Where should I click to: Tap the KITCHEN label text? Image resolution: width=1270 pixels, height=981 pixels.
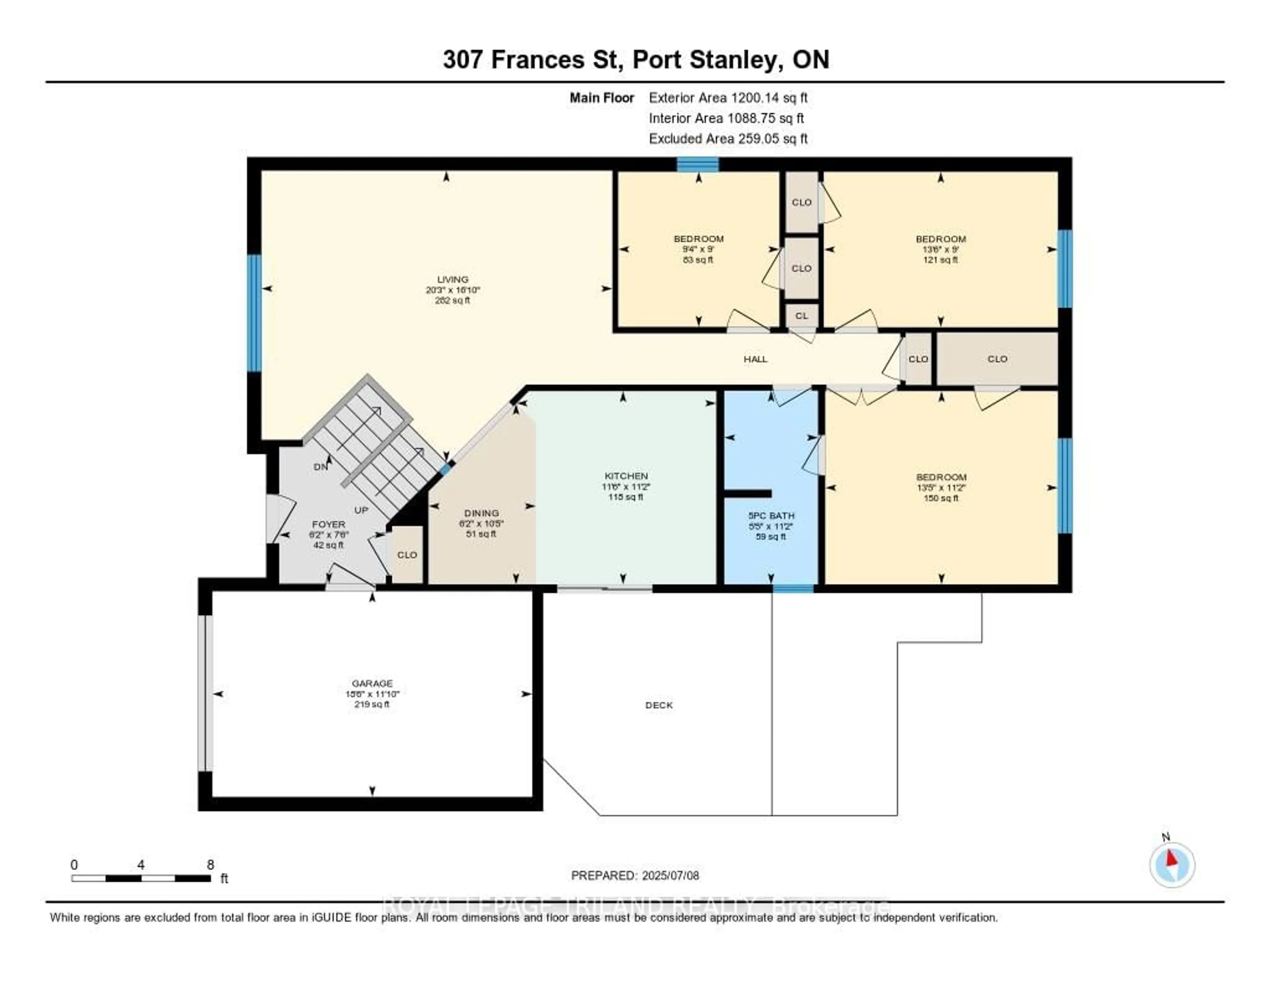pos(626,476)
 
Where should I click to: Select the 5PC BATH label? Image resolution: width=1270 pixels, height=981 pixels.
pos(771,516)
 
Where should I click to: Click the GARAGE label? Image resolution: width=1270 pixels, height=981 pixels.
pos(372,683)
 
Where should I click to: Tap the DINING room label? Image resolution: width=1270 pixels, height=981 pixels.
pos(482,513)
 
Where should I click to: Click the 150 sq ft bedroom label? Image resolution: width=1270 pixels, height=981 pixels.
pos(941,477)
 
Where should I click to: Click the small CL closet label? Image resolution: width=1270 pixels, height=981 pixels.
pos(801,316)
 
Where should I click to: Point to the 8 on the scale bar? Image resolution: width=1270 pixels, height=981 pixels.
pos(210,865)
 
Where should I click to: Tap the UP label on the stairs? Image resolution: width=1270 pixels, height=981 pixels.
pos(361,510)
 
